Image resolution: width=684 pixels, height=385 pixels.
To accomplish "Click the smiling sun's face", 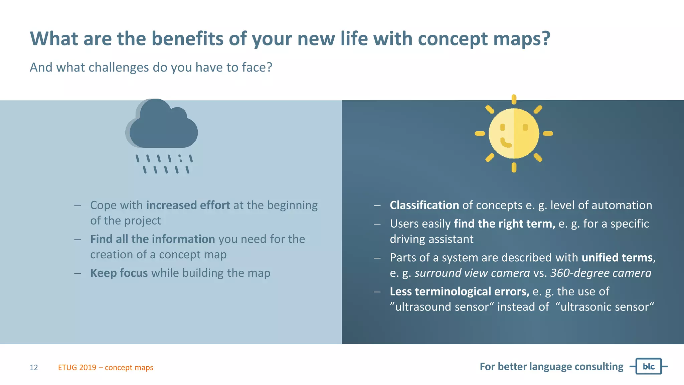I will (514, 134).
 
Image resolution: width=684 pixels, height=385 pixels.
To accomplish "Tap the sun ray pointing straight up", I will (514, 99).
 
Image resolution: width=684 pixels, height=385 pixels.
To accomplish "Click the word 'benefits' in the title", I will (187, 38).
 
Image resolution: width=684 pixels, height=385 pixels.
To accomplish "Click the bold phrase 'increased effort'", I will (188, 205).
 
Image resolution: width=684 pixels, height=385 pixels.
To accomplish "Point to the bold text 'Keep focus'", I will (119, 273).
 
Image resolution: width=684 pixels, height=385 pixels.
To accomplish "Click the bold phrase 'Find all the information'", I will (153, 239).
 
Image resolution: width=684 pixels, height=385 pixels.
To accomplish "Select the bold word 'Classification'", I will (424, 205).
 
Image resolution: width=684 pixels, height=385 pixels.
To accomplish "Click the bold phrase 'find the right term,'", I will (504, 224).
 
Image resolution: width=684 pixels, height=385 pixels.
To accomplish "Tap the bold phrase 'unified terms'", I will (617, 258).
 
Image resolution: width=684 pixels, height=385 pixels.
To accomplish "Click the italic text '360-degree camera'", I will (601, 273).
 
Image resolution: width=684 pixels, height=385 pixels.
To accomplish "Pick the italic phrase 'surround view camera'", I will (472, 273).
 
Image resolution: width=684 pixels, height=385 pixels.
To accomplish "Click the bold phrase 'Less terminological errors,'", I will (459, 291).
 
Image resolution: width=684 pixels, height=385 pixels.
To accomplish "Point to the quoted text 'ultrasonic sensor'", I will (605, 307).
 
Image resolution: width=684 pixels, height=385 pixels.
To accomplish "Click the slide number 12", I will (34, 368).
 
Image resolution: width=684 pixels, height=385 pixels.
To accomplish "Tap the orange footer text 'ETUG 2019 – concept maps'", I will (106, 368).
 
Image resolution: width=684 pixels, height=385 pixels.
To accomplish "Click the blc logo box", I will (648, 366).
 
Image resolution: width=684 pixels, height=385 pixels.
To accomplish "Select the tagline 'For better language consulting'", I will (551, 367).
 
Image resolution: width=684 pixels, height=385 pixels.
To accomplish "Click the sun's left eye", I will (502, 127).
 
